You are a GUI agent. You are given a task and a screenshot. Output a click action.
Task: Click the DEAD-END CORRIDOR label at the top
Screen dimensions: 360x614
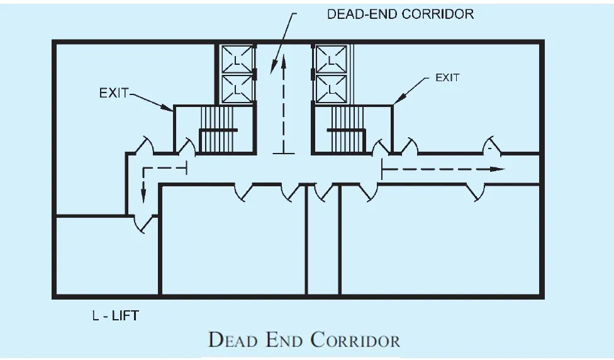400,13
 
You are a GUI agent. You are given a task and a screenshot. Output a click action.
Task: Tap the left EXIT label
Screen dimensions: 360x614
113,93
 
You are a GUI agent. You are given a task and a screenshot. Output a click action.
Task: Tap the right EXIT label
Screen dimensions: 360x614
447,78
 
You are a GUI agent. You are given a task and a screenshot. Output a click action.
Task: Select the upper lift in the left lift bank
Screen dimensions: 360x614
236,60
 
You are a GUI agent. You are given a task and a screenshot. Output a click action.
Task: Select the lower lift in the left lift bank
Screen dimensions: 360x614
236,89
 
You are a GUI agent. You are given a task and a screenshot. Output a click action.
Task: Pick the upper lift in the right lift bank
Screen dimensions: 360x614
330,60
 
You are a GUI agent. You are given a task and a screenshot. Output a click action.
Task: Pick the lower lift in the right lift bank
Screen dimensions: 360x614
330,89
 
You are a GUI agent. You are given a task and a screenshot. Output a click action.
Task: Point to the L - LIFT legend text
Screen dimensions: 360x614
114,315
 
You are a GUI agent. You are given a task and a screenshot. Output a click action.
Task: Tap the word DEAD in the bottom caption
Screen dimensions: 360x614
232,340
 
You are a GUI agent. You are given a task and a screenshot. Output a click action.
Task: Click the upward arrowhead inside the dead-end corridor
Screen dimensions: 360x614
283,60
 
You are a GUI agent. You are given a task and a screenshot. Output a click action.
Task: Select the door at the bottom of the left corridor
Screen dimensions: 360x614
144,222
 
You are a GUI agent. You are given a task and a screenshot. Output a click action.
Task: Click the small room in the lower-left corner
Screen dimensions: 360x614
105,255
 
